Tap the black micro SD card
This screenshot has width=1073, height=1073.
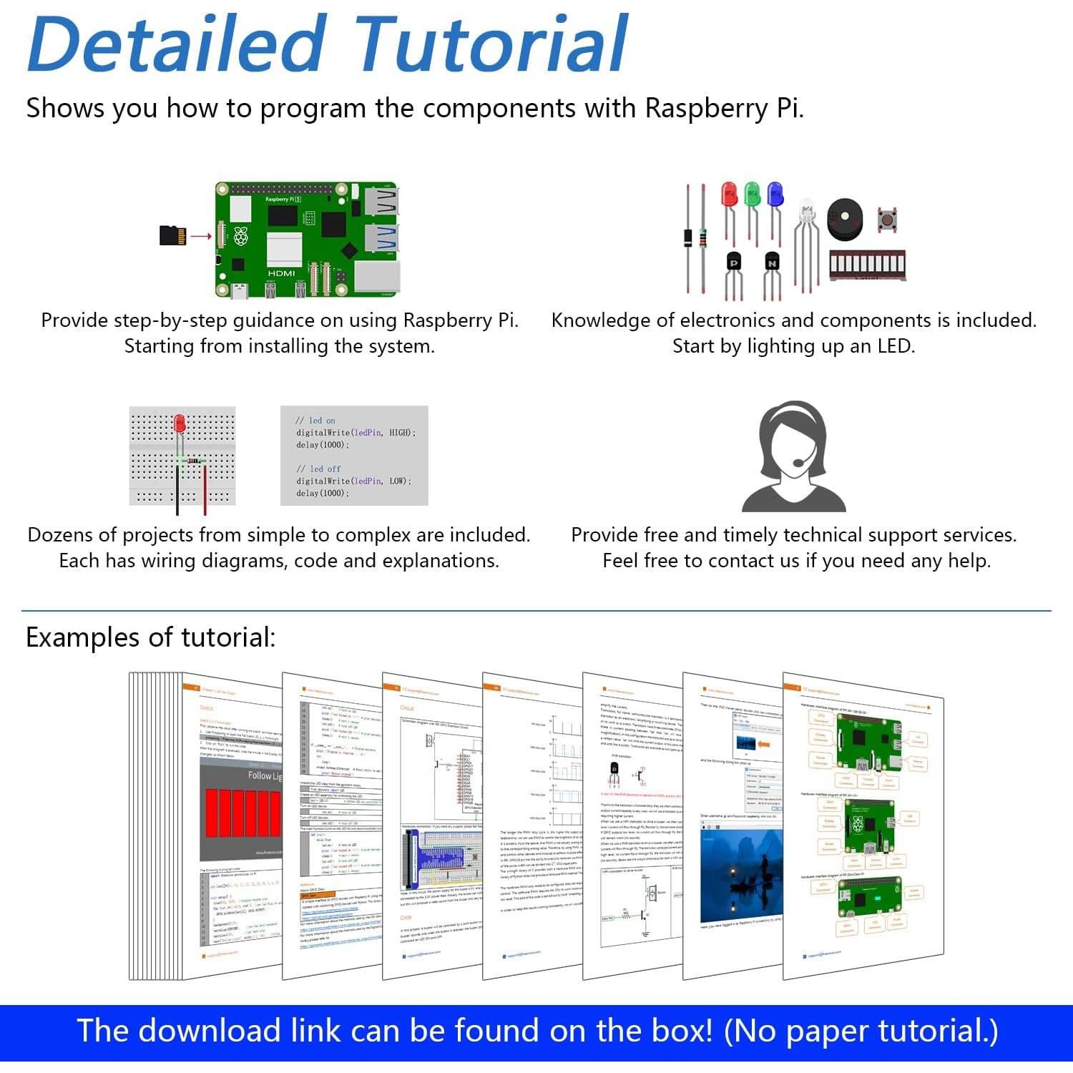tap(172, 235)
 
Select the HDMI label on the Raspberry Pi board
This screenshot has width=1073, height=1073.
tap(281, 273)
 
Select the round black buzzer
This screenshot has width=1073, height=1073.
tap(845, 218)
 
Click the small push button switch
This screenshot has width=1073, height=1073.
tap(888, 219)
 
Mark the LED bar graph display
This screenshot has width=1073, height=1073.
tap(867, 265)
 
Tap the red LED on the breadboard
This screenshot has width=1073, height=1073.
tap(180, 423)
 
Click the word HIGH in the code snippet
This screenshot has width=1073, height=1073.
tap(399, 433)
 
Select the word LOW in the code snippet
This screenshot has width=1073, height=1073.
tap(398, 481)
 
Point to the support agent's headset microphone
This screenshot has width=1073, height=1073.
tap(798, 463)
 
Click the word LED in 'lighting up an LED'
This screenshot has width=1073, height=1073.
tap(895, 346)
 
